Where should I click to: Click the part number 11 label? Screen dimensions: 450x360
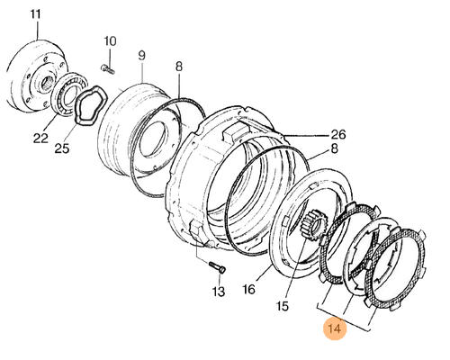[x=36, y=14]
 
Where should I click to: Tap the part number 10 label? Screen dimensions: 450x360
[x=110, y=41]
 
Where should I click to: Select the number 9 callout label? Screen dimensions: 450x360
[x=141, y=56]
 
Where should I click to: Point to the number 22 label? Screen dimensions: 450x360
[x=40, y=138]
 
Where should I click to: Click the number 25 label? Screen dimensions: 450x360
[x=62, y=148]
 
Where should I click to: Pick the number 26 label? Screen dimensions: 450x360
[x=338, y=134]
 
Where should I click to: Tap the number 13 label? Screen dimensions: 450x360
[x=218, y=291]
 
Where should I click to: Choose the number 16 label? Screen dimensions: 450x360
[x=248, y=290]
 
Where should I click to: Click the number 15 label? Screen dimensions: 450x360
[x=283, y=306]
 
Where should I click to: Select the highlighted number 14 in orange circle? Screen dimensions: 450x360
[x=335, y=328]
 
